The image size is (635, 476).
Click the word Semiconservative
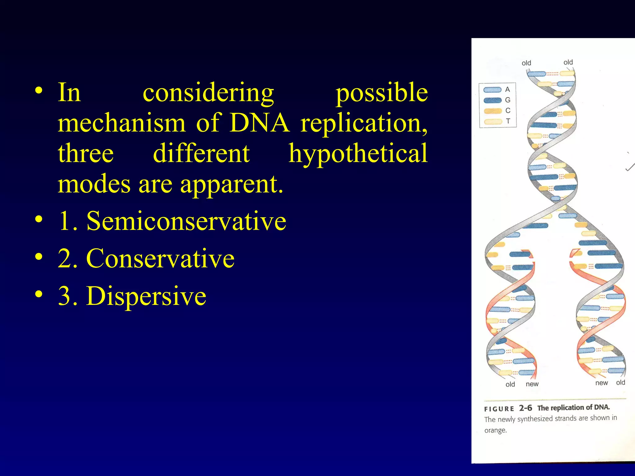click(186, 221)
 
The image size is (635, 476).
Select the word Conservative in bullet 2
click(160, 258)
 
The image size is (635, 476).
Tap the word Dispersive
click(146, 296)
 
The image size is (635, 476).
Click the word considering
click(208, 93)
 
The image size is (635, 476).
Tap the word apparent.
click(232, 184)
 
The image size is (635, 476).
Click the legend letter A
click(508, 90)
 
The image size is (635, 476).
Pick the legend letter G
click(508, 100)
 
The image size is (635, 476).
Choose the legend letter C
click(508, 111)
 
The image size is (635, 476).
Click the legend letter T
click(508, 121)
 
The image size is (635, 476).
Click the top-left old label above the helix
click(526, 63)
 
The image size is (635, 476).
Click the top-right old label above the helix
click(568, 62)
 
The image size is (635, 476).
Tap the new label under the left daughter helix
click(532, 384)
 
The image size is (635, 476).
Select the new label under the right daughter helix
click(601, 383)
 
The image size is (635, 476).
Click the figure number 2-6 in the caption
click(526, 408)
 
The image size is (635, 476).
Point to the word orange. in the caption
click(495, 430)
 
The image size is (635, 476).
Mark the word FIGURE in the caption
click(499, 409)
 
